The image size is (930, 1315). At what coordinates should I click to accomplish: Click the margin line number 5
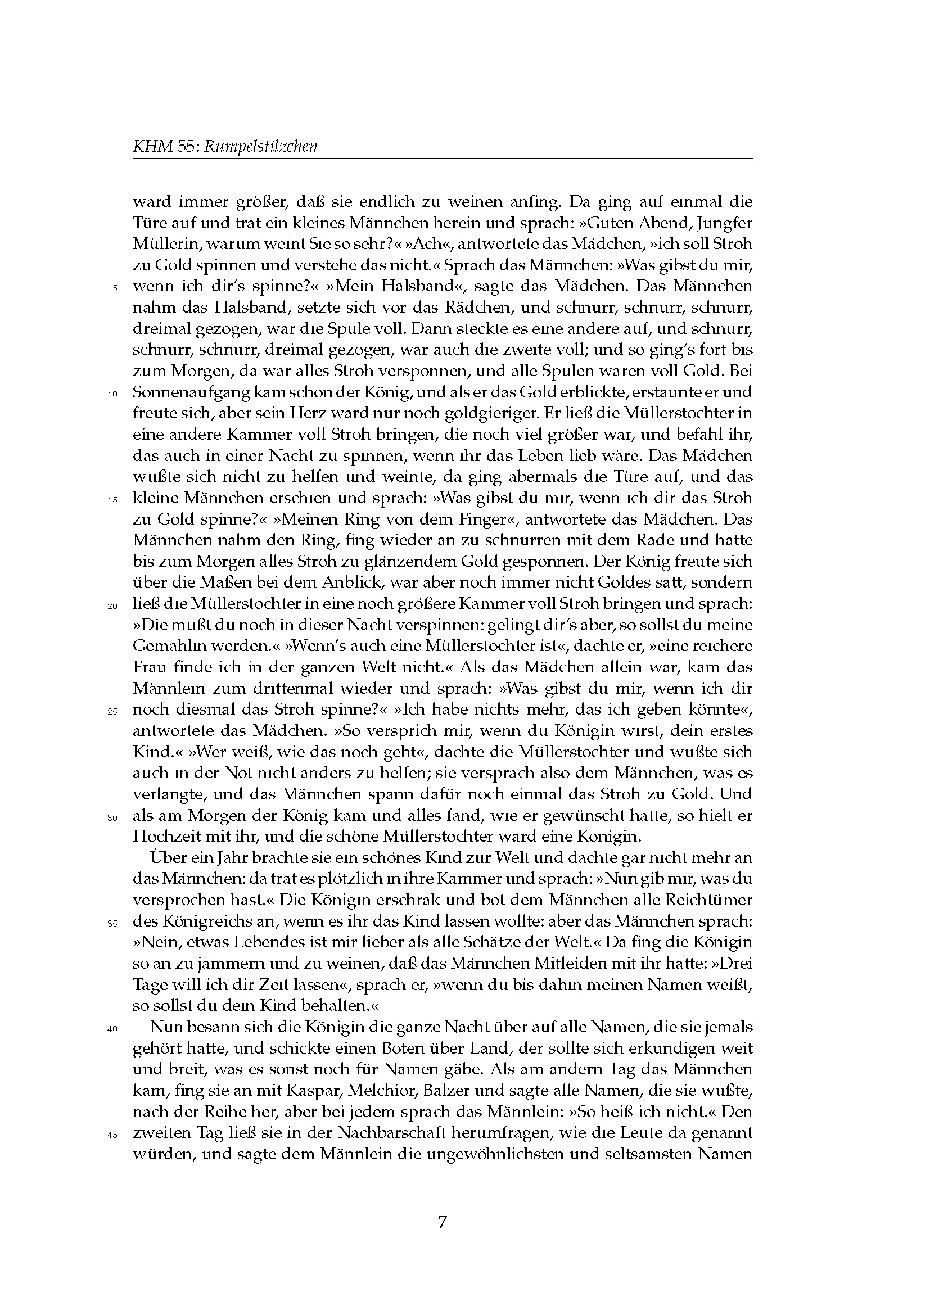tap(115, 288)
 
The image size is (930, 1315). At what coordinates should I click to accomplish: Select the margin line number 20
tap(112, 606)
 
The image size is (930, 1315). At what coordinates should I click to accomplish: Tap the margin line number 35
tap(112, 923)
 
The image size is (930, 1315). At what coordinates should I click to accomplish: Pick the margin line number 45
tap(112, 1135)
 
